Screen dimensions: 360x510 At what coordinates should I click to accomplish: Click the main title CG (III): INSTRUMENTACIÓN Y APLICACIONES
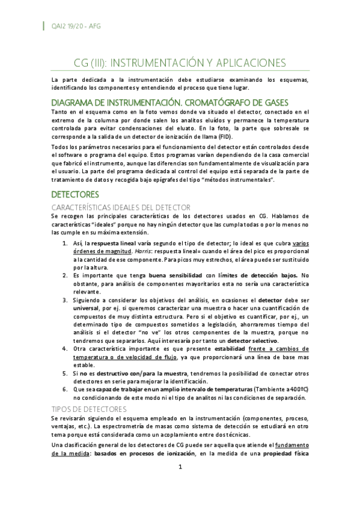pyautogui.click(x=180, y=63)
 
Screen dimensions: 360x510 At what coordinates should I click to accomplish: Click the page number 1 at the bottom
pyautogui.click(x=180, y=466)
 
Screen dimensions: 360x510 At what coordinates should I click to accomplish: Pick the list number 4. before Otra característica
pyautogui.click(x=66, y=349)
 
